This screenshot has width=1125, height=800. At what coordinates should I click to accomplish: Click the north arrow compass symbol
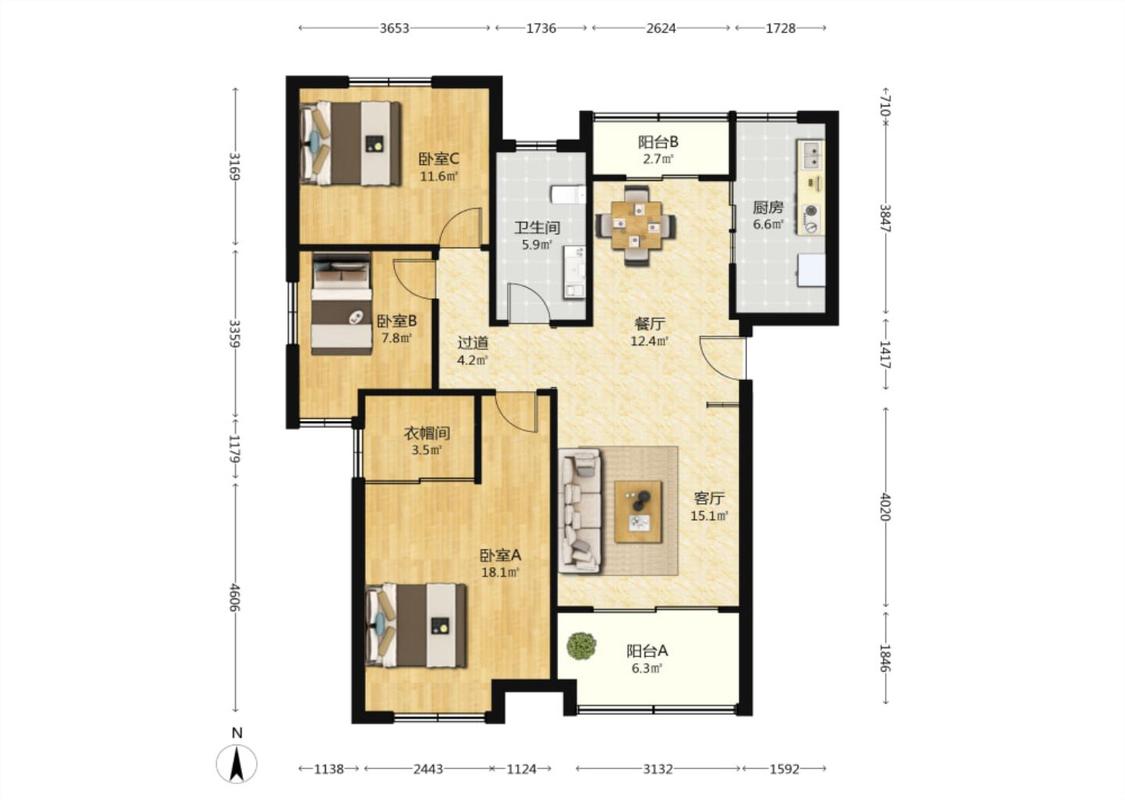(237, 763)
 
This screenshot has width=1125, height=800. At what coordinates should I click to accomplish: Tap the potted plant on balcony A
(581, 646)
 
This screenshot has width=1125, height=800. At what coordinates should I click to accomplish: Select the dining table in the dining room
(636, 225)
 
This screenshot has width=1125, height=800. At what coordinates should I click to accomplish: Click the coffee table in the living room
(638, 512)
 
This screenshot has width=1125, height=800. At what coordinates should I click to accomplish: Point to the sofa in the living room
(580, 511)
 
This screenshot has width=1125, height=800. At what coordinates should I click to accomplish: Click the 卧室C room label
(439, 159)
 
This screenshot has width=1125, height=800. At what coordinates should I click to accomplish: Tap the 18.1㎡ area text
(499, 573)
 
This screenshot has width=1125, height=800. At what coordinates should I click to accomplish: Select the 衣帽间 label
(427, 433)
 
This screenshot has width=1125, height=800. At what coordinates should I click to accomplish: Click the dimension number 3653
(394, 28)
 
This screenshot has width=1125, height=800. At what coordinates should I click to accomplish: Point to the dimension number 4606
(235, 597)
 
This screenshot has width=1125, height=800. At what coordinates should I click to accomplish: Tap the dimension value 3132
(657, 769)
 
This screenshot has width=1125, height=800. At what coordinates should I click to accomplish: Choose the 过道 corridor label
(473, 343)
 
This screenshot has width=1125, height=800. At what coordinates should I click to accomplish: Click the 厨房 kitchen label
(768, 208)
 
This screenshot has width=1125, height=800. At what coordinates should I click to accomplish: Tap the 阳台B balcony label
(658, 142)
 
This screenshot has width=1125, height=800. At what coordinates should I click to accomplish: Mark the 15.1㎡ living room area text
(709, 516)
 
